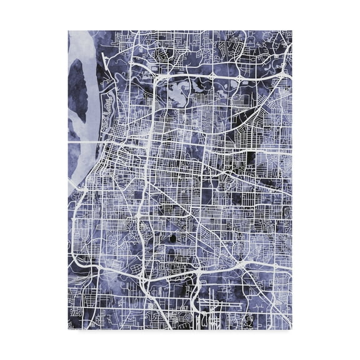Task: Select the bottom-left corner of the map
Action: [x=68, y=329]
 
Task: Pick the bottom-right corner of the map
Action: [x=292, y=329]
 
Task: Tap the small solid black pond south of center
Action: [x=171, y=239]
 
